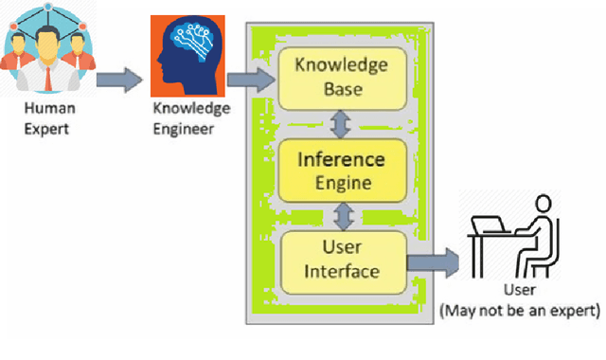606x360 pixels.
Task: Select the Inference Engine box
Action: click(x=342, y=171)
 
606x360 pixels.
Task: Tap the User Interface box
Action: click(x=342, y=260)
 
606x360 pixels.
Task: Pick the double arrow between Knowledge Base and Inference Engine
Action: click(x=342, y=124)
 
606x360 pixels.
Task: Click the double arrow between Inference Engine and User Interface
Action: click(x=342, y=215)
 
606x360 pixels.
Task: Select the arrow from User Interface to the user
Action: click(x=433, y=261)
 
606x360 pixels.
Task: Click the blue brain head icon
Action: click(x=187, y=55)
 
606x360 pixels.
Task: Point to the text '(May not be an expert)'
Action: click(x=520, y=309)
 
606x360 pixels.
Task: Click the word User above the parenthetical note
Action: click(x=520, y=291)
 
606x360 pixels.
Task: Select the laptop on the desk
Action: click(x=491, y=223)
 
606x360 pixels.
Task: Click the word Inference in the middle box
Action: click(x=342, y=159)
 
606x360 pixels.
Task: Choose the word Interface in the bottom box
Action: click(x=342, y=272)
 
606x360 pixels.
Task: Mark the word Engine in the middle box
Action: click(x=342, y=182)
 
